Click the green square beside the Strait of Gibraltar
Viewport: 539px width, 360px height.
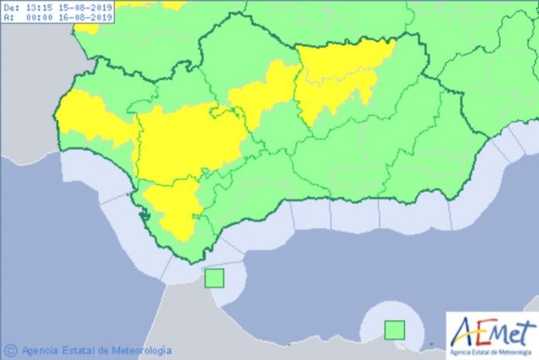tap(214, 277)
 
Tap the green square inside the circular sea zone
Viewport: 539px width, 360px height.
tap(395, 330)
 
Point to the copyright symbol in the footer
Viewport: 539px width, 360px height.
tap(10, 349)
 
